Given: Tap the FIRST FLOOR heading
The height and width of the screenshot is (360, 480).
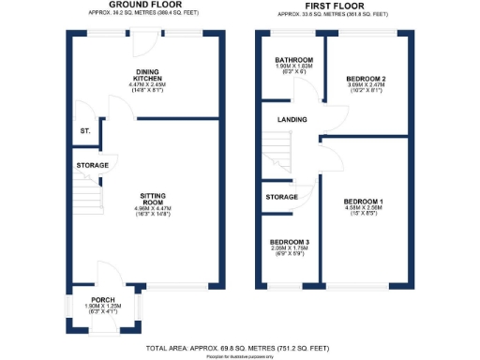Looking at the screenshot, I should (324, 5).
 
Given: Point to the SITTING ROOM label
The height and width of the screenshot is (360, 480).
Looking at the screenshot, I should (153, 200).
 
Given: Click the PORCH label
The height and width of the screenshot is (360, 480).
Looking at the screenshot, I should (104, 300).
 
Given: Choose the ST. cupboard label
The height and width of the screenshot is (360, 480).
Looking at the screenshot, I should (84, 131).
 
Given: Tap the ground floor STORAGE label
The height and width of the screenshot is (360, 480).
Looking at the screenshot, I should (92, 166).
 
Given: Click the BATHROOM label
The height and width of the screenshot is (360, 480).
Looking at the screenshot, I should (294, 60).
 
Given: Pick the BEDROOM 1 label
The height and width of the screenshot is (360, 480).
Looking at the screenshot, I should (363, 202).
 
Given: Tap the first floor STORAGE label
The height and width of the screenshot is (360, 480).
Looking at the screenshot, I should (282, 197).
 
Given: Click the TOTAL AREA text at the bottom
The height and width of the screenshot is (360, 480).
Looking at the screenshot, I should (239, 347).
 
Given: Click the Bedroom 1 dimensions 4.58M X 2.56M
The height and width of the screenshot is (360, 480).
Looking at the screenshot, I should (363, 208).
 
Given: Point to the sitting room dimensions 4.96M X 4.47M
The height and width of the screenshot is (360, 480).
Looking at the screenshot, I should (153, 209).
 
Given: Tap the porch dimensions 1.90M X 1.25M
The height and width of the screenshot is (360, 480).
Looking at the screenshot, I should (104, 307).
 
